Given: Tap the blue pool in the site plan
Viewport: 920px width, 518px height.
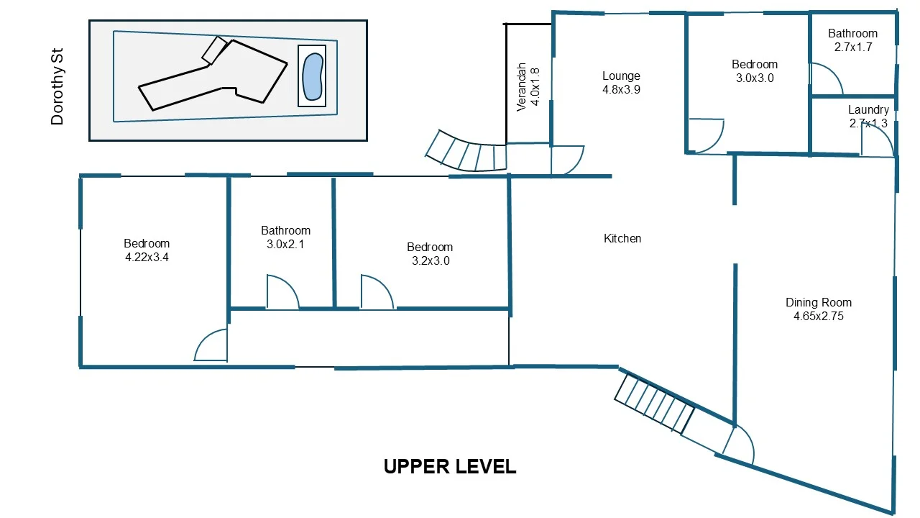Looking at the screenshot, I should click(312, 76).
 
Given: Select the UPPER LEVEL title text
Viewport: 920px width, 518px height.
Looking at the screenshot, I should click(450, 467).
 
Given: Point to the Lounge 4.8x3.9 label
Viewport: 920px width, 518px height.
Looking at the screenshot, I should click(621, 83).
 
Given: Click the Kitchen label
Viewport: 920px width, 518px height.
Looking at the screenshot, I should click(622, 238).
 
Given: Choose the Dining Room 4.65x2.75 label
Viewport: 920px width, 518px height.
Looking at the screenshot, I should click(818, 309).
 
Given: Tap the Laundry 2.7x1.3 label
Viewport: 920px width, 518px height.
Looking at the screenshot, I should click(868, 117).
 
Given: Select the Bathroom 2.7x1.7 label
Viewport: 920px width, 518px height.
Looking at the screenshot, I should click(852, 40).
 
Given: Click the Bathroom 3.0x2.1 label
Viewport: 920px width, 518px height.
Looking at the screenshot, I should click(285, 237).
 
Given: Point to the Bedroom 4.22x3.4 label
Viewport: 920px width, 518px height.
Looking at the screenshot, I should click(147, 250).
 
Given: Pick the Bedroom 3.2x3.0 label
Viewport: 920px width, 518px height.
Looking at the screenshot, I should click(431, 253).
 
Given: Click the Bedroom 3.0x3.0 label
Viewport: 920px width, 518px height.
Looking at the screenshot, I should click(755, 71).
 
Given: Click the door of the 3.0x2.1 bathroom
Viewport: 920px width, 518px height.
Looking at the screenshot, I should click(282, 293).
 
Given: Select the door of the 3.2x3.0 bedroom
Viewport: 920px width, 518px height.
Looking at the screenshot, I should click(377, 293).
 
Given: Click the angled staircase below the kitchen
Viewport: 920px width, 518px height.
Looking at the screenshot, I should click(654, 404).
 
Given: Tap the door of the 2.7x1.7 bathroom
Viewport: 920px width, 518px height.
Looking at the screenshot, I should click(826, 79).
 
